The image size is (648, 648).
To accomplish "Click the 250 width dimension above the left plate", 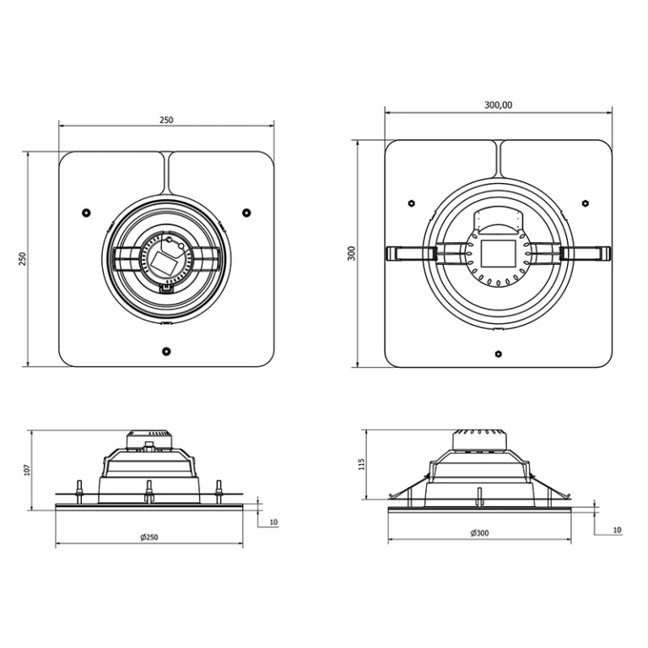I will pyautogui.click(x=166, y=120).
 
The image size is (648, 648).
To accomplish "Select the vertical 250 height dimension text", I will pyautogui.click(x=24, y=259).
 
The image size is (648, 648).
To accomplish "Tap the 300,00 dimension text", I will pyautogui.click(x=498, y=105).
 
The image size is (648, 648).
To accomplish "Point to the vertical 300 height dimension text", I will pyautogui.click(x=351, y=253).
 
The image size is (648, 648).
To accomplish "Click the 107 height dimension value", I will pyautogui.click(x=28, y=468).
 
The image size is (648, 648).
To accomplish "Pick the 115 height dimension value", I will pyautogui.click(x=362, y=464).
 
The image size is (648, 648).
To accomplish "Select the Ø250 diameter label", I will pyautogui.click(x=149, y=537).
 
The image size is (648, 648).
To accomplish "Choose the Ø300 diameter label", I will pyautogui.click(x=479, y=533).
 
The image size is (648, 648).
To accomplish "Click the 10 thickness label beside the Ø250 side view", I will pyautogui.click(x=273, y=523).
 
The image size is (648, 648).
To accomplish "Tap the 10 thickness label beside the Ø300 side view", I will pyautogui.click(x=617, y=530).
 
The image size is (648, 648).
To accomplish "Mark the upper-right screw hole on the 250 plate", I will pyautogui.click(x=246, y=212).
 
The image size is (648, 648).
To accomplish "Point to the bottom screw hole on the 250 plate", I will pyautogui.click(x=166, y=350).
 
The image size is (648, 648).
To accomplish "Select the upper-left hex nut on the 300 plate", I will pyautogui.click(x=410, y=202).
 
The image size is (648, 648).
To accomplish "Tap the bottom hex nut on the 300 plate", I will pyautogui.click(x=498, y=353).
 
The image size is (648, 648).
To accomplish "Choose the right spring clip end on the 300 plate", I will pyautogui.click(x=604, y=251).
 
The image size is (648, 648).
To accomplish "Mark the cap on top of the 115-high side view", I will pyautogui.click(x=478, y=439).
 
